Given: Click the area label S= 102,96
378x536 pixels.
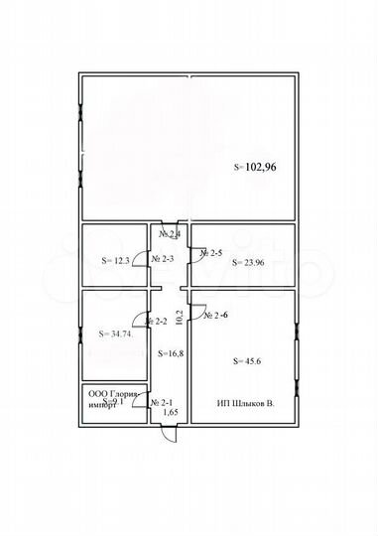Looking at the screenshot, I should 255,168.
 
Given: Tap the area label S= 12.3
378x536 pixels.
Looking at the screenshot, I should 116,261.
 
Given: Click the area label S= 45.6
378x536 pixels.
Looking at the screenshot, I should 245,360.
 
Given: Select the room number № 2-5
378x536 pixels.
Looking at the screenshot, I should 210,253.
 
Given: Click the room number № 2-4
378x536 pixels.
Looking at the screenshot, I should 170,234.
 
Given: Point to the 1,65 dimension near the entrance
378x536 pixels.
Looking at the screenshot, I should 170,411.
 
